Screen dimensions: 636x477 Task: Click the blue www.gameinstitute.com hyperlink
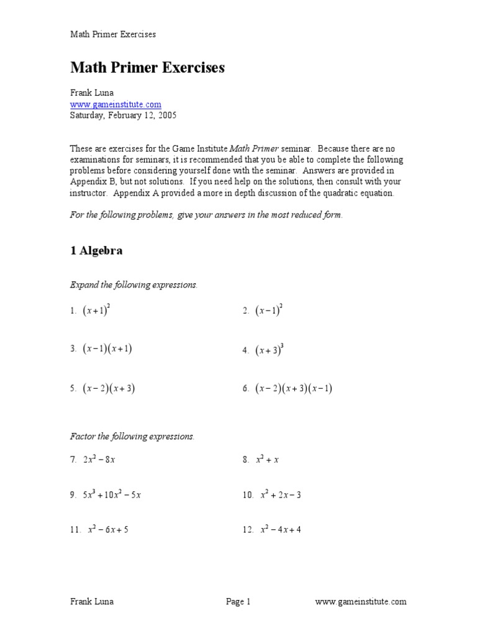tap(116, 104)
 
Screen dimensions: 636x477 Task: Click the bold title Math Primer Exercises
tap(147, 68)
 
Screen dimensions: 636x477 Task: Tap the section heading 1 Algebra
tap(96, 250)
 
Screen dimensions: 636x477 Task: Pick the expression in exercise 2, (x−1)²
tap(270, 311)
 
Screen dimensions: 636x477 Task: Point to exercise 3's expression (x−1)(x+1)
tap(107, 349)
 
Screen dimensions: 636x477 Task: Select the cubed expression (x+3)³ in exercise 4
tap(270, 350)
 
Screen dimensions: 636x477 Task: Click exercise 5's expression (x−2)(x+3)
tap(109, 389)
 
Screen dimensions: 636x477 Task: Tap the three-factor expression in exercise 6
tap(294, 389)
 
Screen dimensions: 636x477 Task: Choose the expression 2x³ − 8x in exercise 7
tap(101, 460)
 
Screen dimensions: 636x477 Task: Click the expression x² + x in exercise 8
tap(268, 460)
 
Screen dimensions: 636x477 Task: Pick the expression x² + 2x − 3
tap(281, 496)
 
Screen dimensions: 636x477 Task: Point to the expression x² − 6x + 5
tap(108, 530)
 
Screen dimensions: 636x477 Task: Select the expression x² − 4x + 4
tap(281, 530)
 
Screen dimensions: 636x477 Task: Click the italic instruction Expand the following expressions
tap(134, 284)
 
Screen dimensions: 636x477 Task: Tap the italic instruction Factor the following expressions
tap(132, 437)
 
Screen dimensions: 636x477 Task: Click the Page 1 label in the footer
tap(238, 601)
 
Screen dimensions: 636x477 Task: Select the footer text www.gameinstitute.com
tap(361, 601)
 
